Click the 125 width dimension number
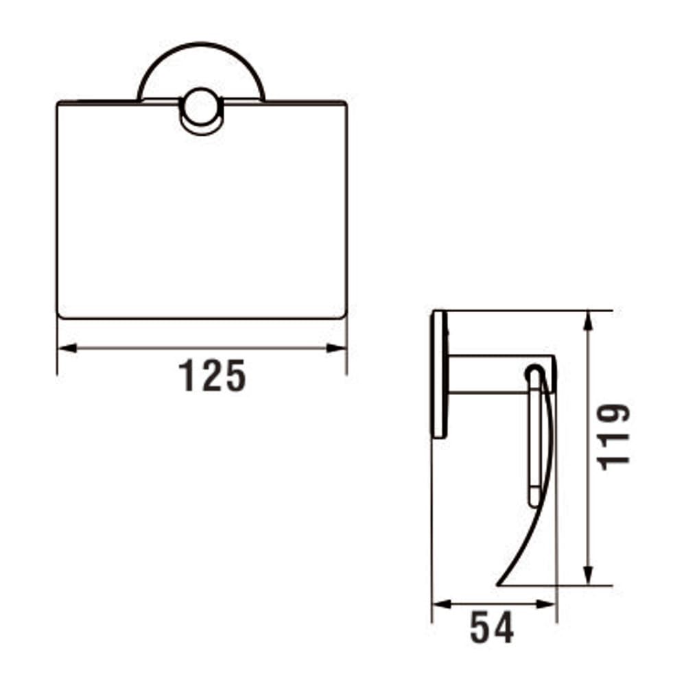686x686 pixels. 212,375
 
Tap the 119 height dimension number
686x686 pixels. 614,437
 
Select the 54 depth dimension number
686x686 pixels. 491,628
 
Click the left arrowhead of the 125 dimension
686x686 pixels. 67,348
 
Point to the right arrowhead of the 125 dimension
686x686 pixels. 336,348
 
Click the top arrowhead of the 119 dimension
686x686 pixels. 589,320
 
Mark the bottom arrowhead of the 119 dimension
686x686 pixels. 589,575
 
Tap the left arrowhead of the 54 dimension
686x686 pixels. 441,604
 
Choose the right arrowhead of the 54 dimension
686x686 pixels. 547,604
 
